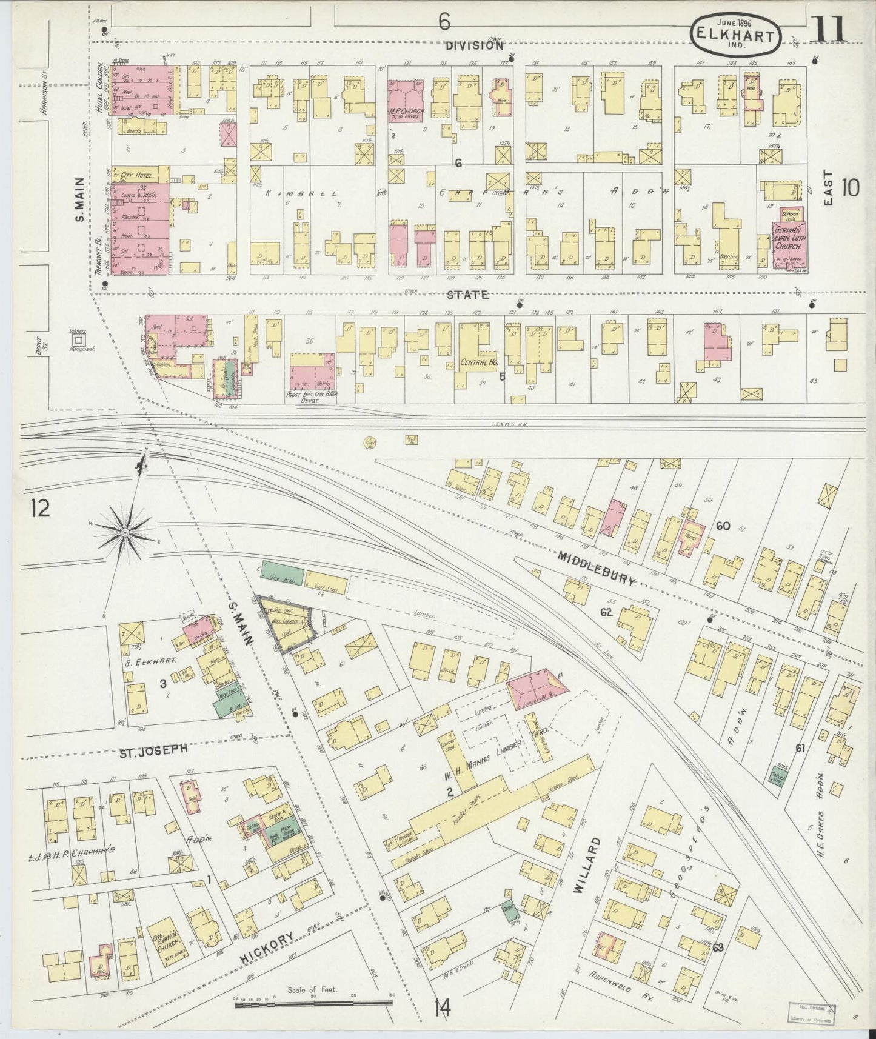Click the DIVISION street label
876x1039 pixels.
click(473, 45)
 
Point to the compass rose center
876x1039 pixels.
click(124, 532)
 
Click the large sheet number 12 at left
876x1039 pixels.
click(41, 509)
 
